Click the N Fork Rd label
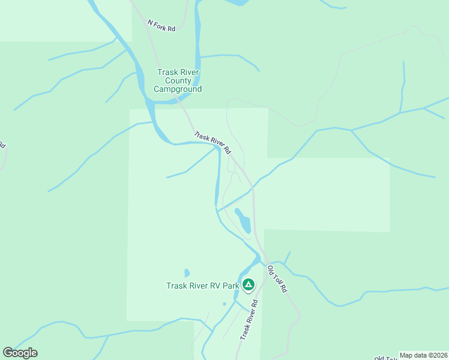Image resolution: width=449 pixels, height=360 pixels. (161, 25)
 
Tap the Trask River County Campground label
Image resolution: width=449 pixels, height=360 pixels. (178, 80)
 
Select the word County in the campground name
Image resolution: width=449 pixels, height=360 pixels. (178, 80)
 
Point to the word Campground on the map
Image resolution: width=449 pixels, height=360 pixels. (178, 89)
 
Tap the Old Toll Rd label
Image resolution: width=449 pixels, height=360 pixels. (277, 279)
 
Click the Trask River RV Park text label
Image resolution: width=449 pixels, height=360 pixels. (202, 286)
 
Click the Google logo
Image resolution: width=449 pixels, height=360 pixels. (20, 352)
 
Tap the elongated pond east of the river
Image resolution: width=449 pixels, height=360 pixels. (243, 221)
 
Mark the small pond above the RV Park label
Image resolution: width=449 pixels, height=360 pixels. (187, 273)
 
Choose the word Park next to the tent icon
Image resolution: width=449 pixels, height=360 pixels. (231, 286)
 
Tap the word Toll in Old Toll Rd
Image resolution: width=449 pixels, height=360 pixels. (278, 280)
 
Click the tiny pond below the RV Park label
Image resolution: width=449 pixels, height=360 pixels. (224, 304)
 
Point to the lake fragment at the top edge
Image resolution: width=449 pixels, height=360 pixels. (237, 2)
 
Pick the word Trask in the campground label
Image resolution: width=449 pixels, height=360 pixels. (168, 72)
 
